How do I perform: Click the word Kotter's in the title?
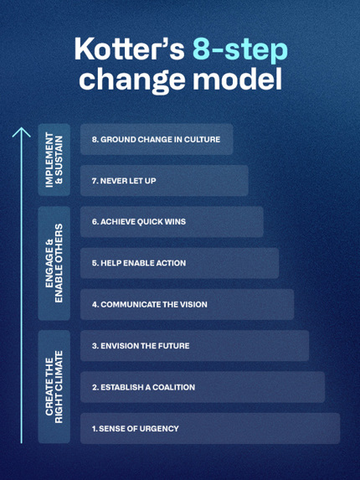click(x=130, y=49)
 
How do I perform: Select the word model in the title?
click(x=237, y=79)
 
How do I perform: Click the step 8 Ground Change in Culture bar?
click(x=157, y=139)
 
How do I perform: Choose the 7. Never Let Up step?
click(x=164, y=181)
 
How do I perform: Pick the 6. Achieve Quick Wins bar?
click(x=172, y=222)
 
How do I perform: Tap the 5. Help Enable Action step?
click(x=179, y=263)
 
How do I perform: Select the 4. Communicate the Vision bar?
click(x=188, y=304)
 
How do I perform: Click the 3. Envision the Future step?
click(x=194, y=346)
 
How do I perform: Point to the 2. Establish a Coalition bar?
click(x=203, y=387)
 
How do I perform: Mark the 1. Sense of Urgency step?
click(x=210, y=428)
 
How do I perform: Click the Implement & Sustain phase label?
click(x=54, y=160)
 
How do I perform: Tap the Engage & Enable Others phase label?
click(x=54, y=263)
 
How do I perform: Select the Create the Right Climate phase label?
click(x=54, y=387)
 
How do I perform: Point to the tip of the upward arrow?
click(x=22, y=127)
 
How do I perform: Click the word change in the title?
click(x=132, y=80)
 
